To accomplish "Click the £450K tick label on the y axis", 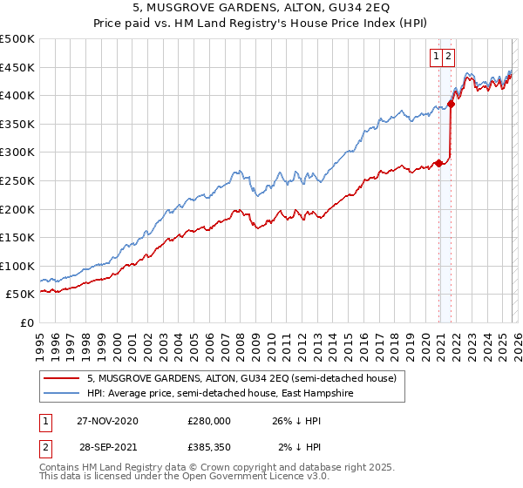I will [x=17, y=67].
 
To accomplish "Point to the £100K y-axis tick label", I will [x=17, y=266].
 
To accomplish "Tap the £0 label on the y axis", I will [x=26, y=322].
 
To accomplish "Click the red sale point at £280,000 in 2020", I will [x=438, y=163].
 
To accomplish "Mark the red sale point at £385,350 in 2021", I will [x=451, y=104].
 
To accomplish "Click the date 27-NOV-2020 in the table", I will [x=107, y=421].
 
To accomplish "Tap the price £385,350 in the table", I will [x=209, y=448].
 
